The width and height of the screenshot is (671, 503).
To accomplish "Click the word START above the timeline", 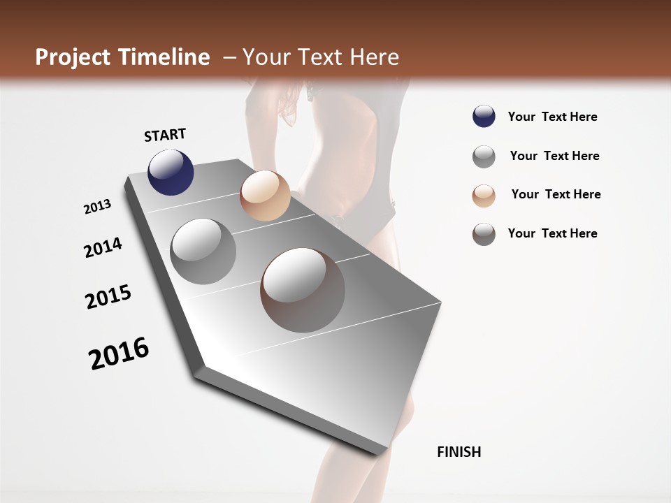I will (165, 135).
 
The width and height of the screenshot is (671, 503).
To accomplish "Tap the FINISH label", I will (459, 452).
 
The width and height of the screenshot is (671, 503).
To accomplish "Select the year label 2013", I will (98, 207).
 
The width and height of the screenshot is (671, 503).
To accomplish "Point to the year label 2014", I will (103, 247).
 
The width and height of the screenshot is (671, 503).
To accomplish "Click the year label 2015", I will (108, 297).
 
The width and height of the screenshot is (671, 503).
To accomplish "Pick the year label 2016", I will (119, 353).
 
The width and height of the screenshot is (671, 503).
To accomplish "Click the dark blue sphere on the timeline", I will (171, 172).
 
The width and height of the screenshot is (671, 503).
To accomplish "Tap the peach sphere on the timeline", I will (265, 196).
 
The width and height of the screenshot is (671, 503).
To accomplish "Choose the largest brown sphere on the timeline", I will (303, 290).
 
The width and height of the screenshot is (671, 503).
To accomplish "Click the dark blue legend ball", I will (484, 117).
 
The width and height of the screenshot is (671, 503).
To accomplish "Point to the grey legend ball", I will (484, 156).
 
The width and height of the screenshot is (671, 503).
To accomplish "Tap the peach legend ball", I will (484, 195).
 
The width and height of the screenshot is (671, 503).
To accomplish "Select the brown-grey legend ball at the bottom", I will (484, 234).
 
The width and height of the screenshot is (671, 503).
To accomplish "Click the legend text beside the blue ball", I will (552, 117).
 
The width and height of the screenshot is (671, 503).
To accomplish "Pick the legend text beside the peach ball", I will (556, 194).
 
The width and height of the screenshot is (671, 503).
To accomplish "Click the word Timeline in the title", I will (164, 57).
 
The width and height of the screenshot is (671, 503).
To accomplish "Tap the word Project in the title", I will (73, 57).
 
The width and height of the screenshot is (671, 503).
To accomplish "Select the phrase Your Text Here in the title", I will (320, 57).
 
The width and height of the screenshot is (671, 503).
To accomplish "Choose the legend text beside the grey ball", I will (554, 156).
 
